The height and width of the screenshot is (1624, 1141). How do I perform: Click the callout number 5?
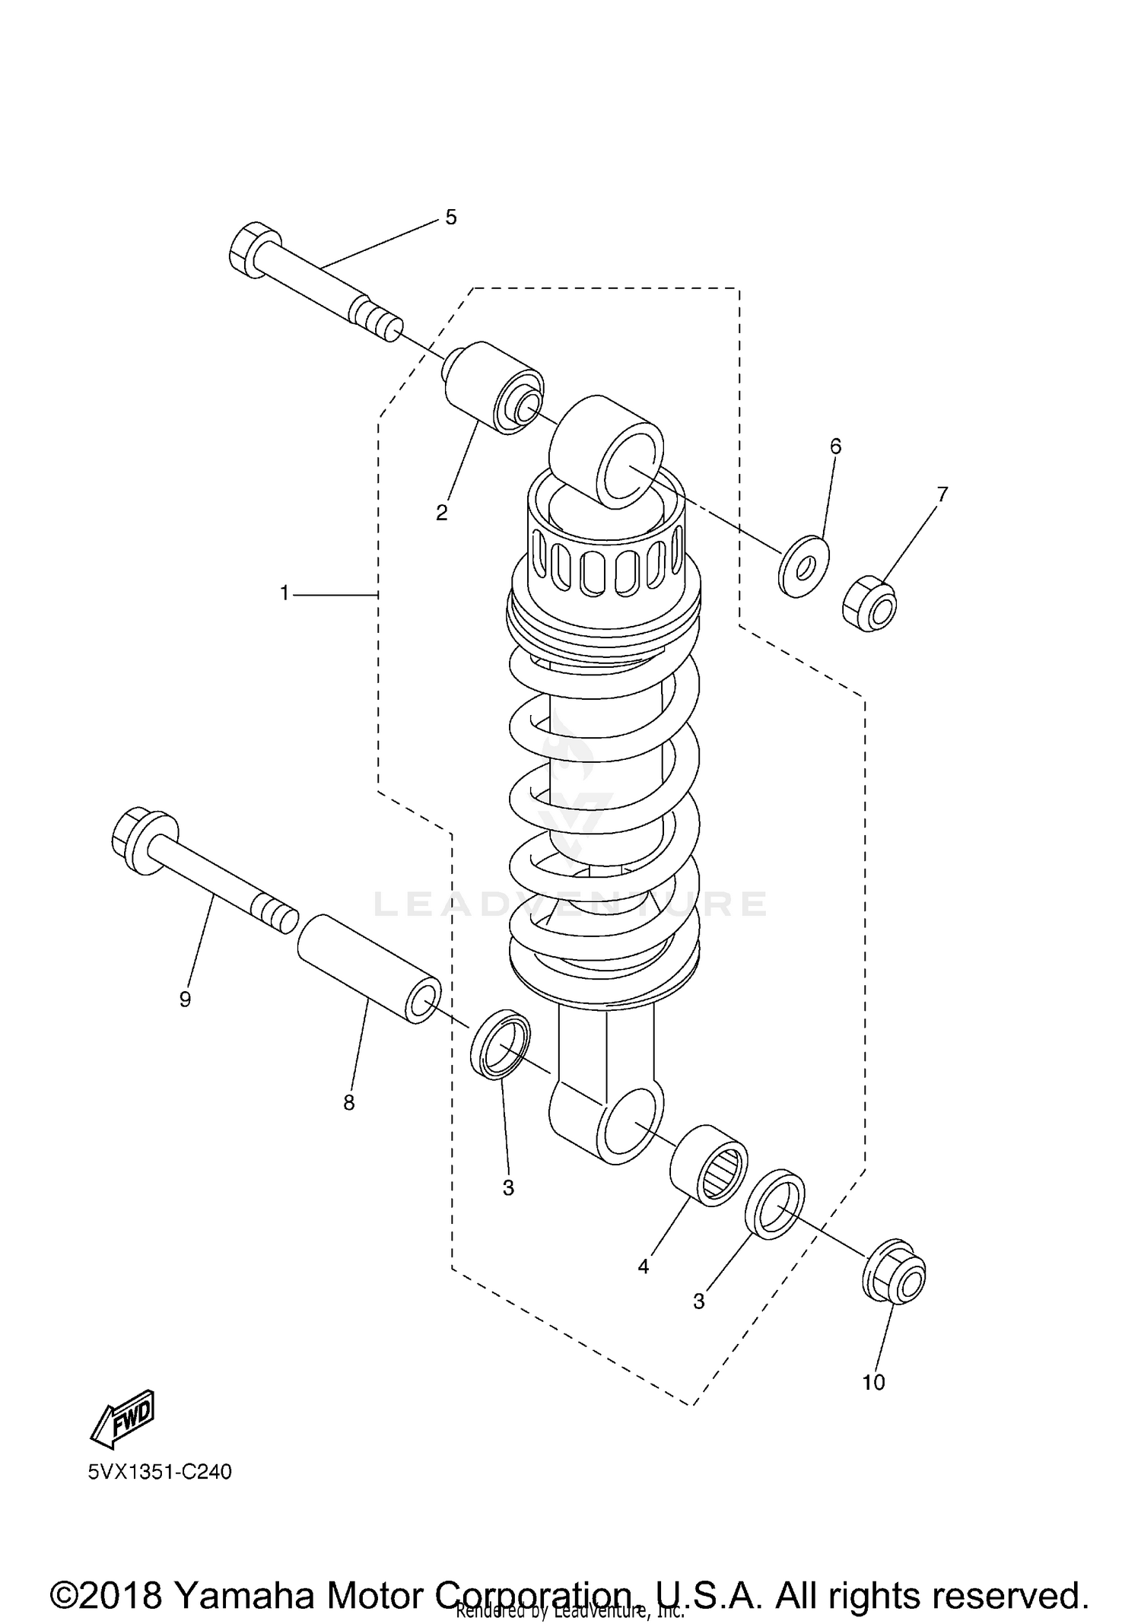(x=451, y=218)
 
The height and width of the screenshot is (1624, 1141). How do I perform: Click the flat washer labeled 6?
(x=803, y=566)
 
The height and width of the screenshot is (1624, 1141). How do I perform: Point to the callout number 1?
(x=284, y=593)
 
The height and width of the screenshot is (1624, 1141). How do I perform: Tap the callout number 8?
(x=349, y=1103)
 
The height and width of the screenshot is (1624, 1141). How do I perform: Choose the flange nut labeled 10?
(x=895, y=1280)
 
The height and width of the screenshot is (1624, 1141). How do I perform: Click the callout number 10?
(x=873, y=1382)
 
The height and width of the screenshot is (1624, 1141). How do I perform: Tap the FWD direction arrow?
(x=123, y=1419)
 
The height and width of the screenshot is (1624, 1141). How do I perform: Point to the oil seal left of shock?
(x=501, y=1044)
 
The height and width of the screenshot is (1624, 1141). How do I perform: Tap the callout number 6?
(x=835, y=447)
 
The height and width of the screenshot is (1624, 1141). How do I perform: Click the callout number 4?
(x=644, y=1266)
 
